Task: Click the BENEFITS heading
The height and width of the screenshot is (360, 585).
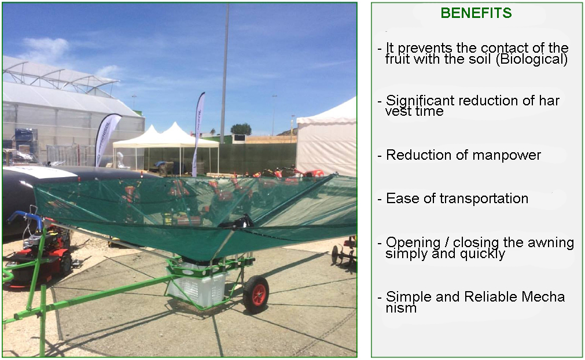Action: point(476,13)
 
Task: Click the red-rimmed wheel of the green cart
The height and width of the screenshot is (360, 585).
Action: point(256,295)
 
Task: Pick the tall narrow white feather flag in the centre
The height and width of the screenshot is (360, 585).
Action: point(198,134)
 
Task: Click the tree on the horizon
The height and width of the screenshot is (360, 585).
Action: point(241,129)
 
